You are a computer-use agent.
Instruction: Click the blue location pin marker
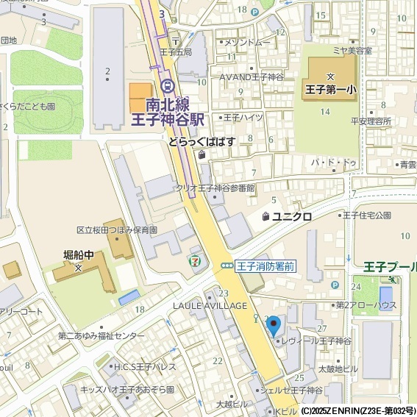274,324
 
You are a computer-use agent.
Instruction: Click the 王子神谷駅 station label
167,118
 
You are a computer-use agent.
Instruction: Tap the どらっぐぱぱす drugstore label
202,141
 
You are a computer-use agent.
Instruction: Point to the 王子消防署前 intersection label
265,267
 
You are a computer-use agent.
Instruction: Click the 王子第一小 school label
330,90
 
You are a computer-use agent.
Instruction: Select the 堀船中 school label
79,254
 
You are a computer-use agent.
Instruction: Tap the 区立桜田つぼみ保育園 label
117,230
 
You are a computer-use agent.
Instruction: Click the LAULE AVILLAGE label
210,305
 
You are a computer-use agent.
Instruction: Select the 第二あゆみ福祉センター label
101,336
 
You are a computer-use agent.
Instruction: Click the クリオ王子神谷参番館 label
214,188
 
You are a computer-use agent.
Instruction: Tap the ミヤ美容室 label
352,51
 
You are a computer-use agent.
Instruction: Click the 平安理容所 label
371,121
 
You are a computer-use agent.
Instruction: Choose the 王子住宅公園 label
366,215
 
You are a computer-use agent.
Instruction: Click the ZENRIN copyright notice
357,410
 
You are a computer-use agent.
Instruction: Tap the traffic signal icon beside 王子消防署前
228,267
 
